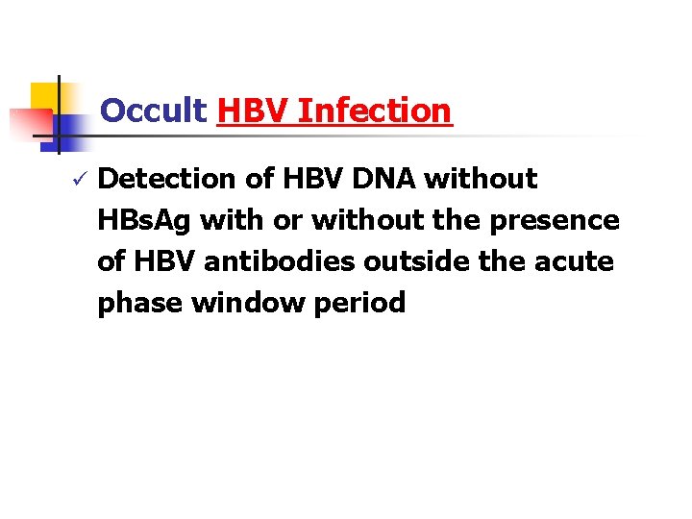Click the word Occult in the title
click(x=154, y=111)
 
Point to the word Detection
click(x=167, y=179)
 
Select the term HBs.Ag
click(x=144, y=220)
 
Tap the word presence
click(x=555, y=220)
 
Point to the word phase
click(x=139, y=303)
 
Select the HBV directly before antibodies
click(x=165, y=261)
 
